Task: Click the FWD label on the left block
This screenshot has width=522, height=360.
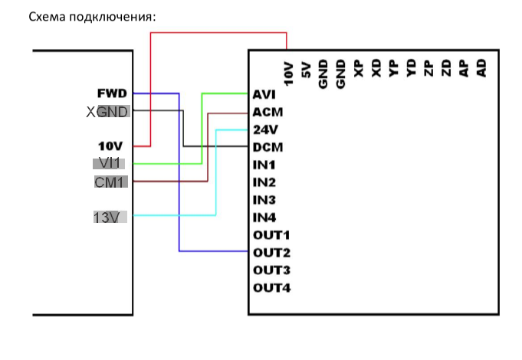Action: (x=112, y=93)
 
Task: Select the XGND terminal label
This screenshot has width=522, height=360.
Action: (x=107, y=112)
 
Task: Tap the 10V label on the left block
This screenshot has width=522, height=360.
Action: (x=111, y=146)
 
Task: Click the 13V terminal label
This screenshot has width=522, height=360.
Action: (x=107, y=218)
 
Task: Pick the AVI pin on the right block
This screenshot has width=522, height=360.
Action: (x=264, y=95)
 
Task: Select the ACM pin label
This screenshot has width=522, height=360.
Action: (x=267, y=112)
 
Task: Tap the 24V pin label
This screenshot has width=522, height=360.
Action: (x=264, y=129)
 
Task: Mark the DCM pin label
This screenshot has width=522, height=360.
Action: (x=268, y=147)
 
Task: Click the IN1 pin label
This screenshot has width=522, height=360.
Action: (x=264, y=165)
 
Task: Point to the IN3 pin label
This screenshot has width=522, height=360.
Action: (x=264, y=200)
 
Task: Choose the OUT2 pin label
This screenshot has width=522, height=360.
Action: (x=271, y=252)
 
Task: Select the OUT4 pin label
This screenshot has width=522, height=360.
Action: (x=271, y=288)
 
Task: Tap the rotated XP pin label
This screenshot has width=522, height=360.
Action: (x=358, y=70)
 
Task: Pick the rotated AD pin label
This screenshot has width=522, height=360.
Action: (x=481, y=70)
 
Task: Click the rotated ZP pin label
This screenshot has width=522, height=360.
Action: (x=428, y=70)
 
